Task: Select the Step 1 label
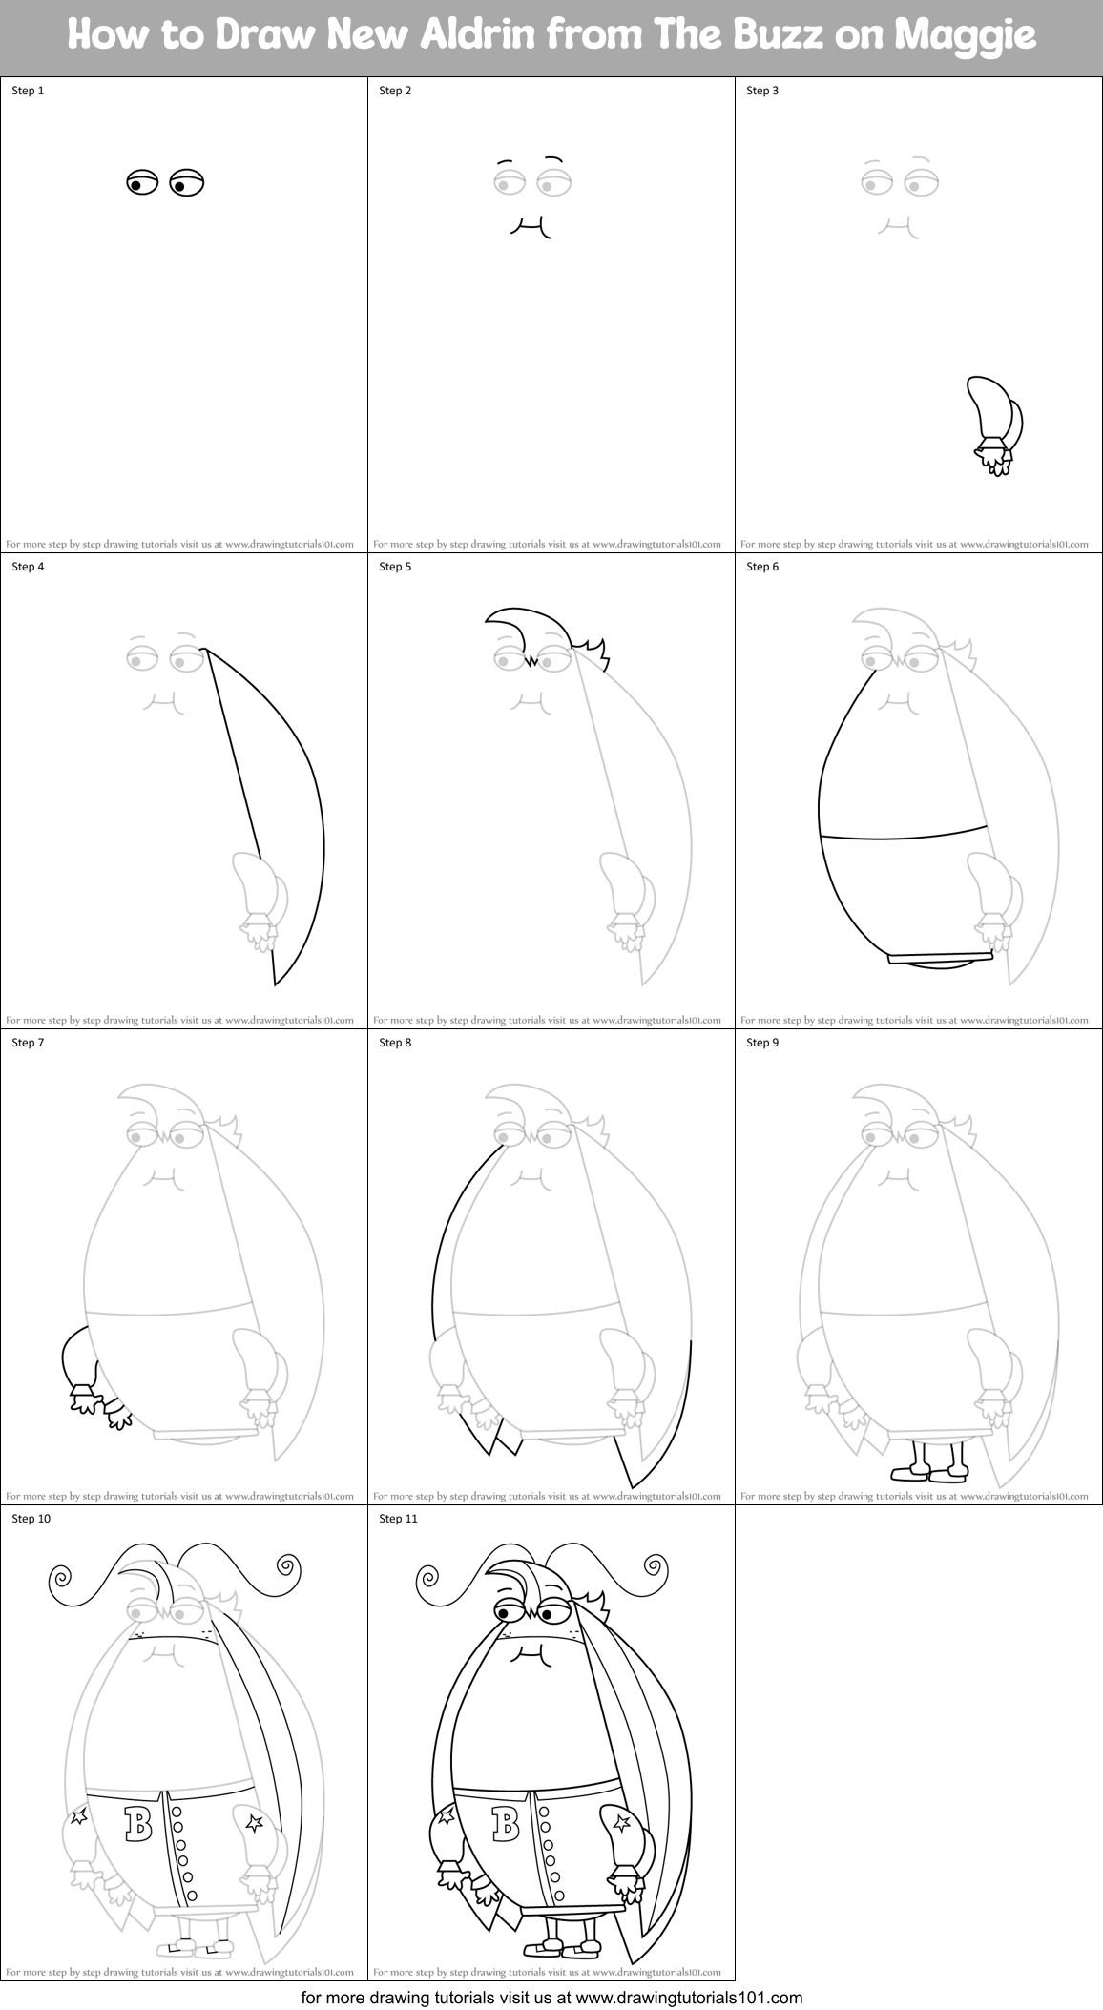tap(28, 91)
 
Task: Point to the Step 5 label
tap(395, 567)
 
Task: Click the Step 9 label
tap(762, 1043)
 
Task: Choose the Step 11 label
tap(398, 1519)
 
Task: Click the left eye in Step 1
tap(141, 181)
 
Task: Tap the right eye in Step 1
tap(186, 182)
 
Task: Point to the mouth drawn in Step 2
tap(533, 226)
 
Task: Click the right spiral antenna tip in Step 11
tap(655, 1565)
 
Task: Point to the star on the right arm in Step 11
tap(621, 1824)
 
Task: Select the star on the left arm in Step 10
tap(79, 1815)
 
